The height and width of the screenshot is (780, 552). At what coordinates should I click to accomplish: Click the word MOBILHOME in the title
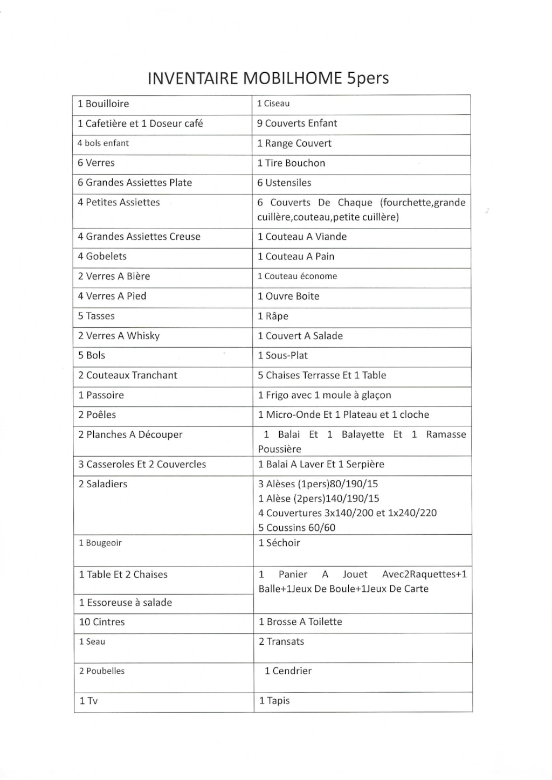292,78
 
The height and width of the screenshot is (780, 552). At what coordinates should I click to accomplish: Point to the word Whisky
143,336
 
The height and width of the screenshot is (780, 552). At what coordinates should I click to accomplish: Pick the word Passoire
105,395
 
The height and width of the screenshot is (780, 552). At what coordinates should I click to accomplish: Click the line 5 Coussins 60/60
296,528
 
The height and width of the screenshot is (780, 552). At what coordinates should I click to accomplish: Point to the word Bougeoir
103,543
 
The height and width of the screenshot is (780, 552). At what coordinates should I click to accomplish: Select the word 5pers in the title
368,78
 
